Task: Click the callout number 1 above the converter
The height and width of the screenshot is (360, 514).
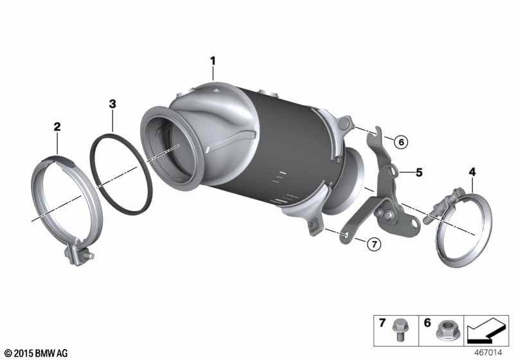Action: [213, 61]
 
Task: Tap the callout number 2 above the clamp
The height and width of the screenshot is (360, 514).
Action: [57, 127]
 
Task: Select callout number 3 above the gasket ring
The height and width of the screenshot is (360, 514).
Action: [112, 104]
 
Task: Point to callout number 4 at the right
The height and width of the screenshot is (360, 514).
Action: [472, 172]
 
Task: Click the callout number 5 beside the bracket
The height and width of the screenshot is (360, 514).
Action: [419, 172]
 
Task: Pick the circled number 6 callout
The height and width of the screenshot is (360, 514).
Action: [401, 142]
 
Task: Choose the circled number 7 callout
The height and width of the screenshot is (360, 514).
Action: [374, 244]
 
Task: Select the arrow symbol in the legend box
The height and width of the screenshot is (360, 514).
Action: [486, 330]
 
